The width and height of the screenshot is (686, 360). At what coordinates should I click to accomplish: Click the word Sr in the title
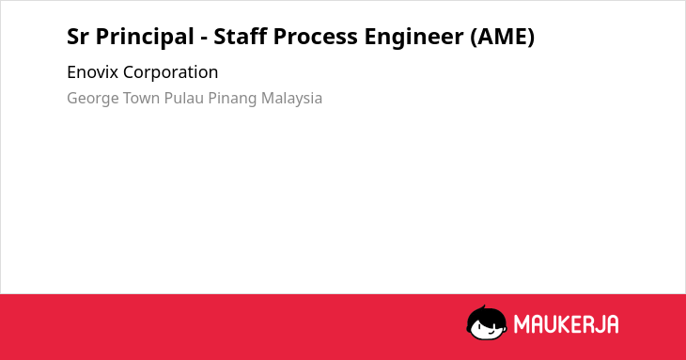[x=77, y=37]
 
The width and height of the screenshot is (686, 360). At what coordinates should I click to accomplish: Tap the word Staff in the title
[x=241, y=36]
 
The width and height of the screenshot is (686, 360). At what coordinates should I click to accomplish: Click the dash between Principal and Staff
[x=204, y=39]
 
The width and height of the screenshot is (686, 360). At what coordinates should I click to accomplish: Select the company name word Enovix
[x=93, y=72]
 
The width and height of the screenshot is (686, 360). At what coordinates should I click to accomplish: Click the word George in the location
[x=91, y=99]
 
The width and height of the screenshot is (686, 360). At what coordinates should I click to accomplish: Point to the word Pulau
[x=184, y=98]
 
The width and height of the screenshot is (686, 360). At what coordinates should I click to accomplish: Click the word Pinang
[x=232, y=99]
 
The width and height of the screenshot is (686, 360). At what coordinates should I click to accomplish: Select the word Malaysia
[x=292, y=99]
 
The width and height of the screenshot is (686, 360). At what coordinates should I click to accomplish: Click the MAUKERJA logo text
[x=566, y=324]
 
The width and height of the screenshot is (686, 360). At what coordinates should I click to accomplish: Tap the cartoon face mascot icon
[x=487, y=322]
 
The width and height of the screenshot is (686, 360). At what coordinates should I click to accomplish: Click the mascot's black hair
[x=486, y=314]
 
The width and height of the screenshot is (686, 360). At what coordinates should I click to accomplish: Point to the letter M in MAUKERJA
[x=521, y=324]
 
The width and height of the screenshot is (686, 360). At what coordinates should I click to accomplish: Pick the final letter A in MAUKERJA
[x=613, y=324]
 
